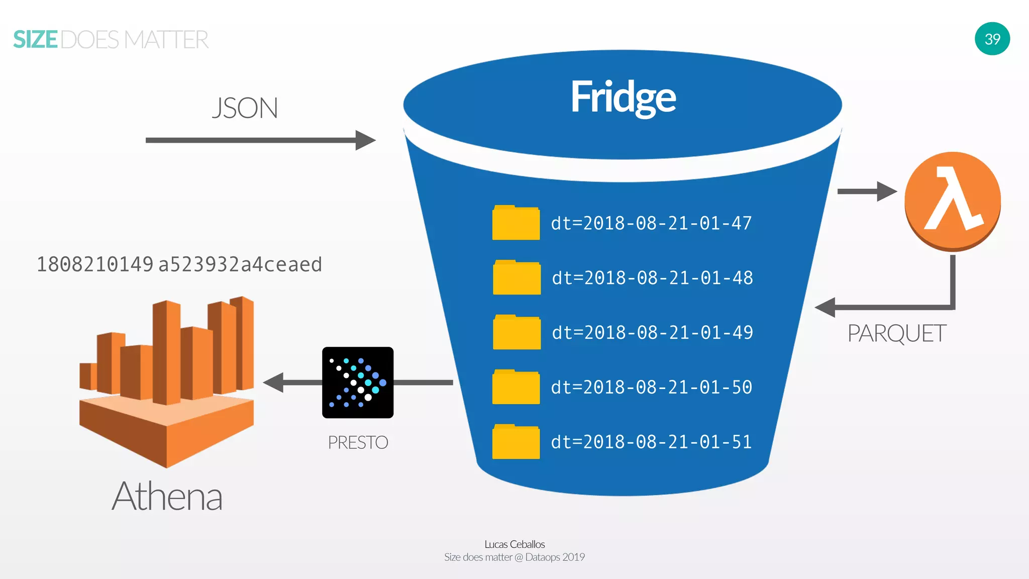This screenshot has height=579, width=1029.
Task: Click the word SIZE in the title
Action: point(36,40)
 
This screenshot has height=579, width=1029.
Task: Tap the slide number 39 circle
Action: point(992,39)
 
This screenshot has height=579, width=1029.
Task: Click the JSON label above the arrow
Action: point(245,108)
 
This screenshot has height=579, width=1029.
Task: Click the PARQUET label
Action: point(896,334)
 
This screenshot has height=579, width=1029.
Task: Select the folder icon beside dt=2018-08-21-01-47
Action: point(516,223)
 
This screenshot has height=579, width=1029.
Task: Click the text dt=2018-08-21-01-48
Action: point(652,278)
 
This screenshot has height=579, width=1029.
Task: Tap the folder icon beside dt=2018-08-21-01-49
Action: point(517,333)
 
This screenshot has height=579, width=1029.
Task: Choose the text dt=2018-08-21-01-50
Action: point(651,388)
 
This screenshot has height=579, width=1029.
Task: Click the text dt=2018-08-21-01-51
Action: point(651,442)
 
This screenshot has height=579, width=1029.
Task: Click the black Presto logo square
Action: point(358,382)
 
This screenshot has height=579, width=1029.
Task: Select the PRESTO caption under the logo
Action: point(358,443)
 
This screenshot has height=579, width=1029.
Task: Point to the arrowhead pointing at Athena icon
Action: point(274,382)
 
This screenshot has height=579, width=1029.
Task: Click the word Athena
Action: point(167,497)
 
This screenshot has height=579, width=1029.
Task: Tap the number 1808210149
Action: point(94,264)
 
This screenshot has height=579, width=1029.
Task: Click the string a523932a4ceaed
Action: point(240,264)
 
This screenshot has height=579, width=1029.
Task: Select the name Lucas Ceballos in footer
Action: point(514,544)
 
